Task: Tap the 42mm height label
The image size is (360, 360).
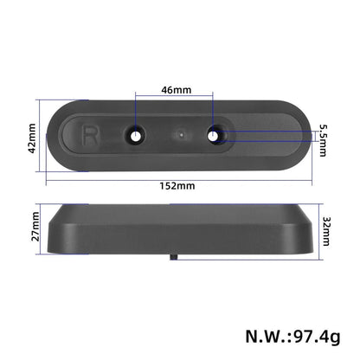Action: [32, 136]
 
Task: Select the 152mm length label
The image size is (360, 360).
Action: [177, 185]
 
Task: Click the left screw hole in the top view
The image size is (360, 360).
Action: [137, 135]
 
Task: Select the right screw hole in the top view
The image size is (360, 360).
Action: [215, 135]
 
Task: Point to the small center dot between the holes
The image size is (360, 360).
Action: [178, 135]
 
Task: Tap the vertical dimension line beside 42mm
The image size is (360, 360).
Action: [42, 136]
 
